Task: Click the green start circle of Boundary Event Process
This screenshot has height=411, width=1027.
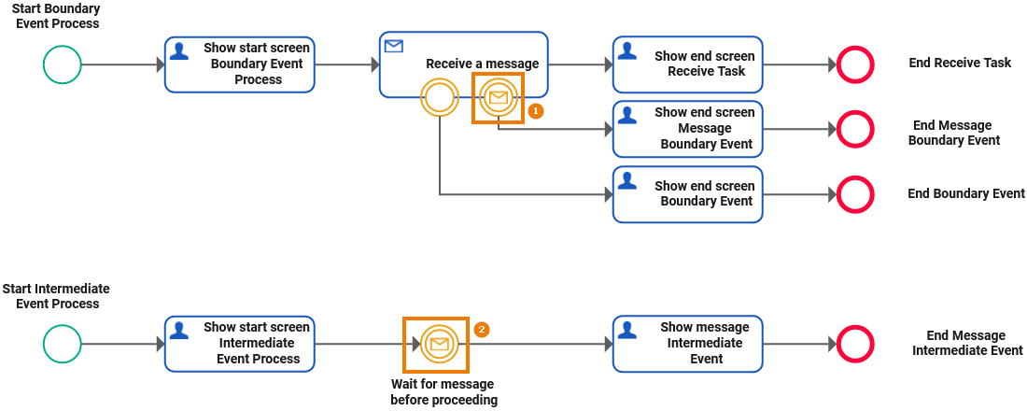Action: (x=63, y=64)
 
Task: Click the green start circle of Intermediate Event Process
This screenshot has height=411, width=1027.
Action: (x=63, y=344)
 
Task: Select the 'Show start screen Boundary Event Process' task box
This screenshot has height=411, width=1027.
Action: (x=240, y=64)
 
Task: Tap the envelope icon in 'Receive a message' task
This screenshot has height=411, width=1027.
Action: (x=394, y=46)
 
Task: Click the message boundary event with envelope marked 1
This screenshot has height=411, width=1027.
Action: (x=499, y=97)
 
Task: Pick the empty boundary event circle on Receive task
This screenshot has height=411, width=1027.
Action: (x=439, y=97)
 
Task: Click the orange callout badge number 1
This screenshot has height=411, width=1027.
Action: (x=536, y=110)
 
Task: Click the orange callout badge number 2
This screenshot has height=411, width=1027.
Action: (x=482, y=330)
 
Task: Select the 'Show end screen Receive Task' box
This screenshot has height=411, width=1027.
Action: (x=688, y=64)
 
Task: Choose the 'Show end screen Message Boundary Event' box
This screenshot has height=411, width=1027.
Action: (x=688, y=129)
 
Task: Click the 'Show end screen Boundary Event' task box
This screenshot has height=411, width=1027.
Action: (x=688, y=194)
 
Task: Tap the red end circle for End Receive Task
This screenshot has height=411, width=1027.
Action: (x=854, y=64)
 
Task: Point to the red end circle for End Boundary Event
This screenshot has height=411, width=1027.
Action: (x=854, y=194)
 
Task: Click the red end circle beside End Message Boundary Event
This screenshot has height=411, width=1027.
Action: (x=854, y=129)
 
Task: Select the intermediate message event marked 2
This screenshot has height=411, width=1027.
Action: (x=436, y=345)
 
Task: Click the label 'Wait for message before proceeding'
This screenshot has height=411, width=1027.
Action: (x=443, y=392)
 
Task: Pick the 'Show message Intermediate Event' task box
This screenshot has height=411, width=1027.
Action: (x=688, y=344)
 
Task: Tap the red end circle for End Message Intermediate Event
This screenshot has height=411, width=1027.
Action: (x=854, y=344)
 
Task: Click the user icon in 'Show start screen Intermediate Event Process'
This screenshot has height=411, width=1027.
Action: (x=179, y=329)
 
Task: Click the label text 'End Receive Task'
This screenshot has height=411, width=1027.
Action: (x=960, y=64)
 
